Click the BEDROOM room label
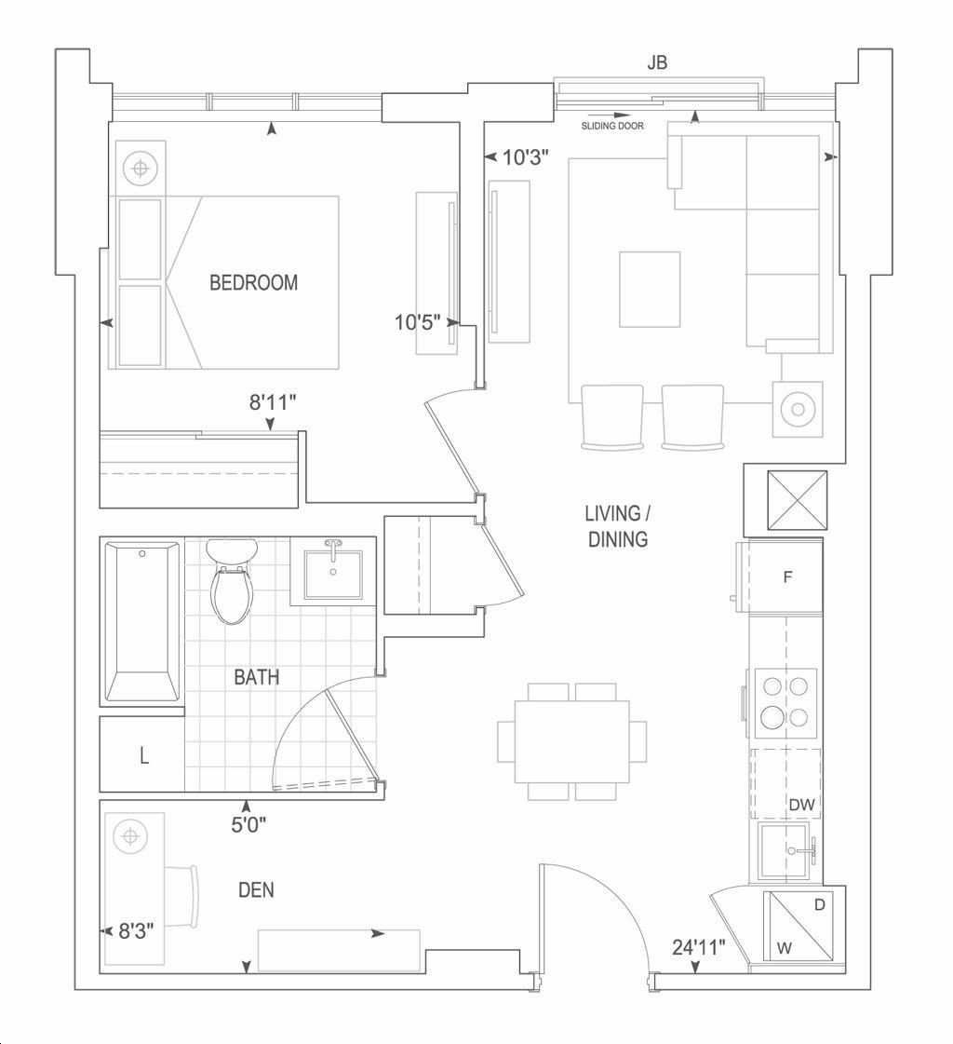(253, 282)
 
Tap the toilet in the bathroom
(232, 581)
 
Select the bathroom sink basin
(333, 574)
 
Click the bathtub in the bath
(142, 622)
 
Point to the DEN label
(256, 889)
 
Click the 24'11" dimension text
(698, 947)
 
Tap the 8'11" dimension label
(272, 402)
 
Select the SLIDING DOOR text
(612, 126)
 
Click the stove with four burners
(784, 702)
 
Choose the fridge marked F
(785, 576)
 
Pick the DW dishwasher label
(801, 805)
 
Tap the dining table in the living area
(571, 741)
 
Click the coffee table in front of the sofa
(650, 290)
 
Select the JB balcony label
(657, 62)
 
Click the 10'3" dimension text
(525, 157)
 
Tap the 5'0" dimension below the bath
(248, 825)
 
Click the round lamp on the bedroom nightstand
(140, 168)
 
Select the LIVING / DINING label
(618, 526)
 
